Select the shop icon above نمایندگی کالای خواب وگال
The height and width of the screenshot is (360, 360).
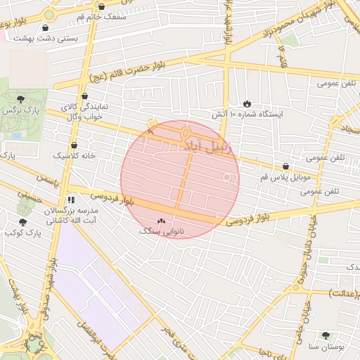click(x=85, y=96)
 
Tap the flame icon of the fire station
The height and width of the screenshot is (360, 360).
click(x=246, y=103)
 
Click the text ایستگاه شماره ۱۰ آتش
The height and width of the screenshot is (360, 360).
click(x=247, y=114)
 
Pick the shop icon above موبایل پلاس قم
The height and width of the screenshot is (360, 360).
click(x=285, y=167)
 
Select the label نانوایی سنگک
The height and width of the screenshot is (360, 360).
click(x=162, y=231)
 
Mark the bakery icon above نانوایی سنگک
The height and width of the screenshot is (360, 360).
click(x=162, y=221)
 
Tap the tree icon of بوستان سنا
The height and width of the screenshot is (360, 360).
click(x=325, y=336)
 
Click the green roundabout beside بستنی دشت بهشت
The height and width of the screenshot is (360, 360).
click(x=49, y=15)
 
